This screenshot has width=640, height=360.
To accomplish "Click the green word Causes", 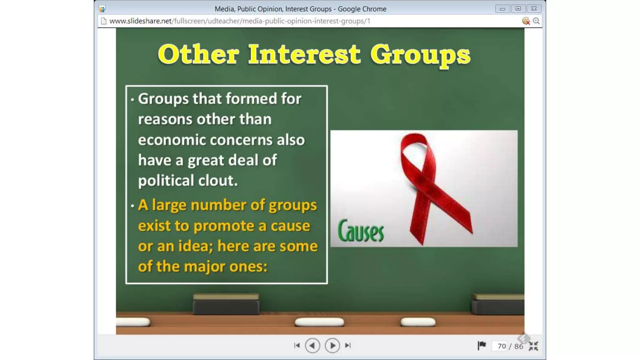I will (361, 232).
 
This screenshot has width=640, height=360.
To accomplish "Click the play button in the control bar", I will (332, 346).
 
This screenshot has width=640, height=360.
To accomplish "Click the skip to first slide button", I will (297, 346).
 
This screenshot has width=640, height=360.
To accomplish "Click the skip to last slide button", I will (348, 346).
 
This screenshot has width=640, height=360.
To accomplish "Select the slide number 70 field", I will (501, 346).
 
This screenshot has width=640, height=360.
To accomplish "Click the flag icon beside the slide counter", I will (482, 345).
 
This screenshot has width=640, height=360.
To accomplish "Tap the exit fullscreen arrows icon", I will (533, 346).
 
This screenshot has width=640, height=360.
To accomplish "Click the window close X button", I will (534, 9).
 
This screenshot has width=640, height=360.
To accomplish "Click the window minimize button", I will (502, 9).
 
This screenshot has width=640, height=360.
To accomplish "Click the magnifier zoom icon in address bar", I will (536, 21).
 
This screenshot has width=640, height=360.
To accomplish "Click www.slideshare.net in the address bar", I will (140, 21).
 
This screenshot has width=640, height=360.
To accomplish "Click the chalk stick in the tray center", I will (319, 322).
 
